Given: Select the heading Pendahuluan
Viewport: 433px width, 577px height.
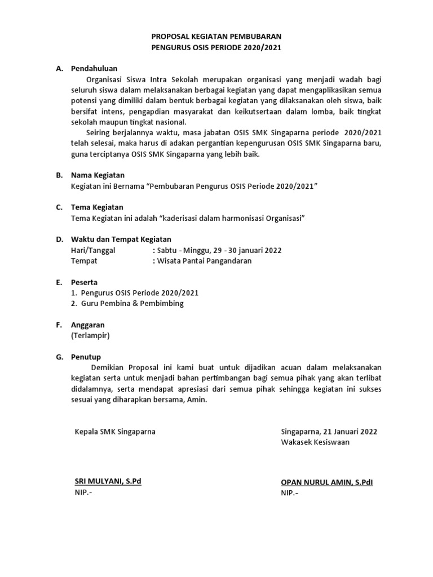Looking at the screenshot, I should tap(94, 68).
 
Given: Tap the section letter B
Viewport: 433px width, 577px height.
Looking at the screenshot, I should tap(59, 175).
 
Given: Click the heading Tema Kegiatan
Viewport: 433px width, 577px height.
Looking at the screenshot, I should tap(97, 207).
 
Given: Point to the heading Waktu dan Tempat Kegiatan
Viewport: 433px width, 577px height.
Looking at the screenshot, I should tap(121, 239).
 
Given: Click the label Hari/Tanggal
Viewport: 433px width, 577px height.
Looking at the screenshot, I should tap(93, 250).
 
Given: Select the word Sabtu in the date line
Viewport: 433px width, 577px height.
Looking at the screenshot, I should tap(167, 250).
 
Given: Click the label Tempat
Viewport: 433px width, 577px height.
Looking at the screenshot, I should tap(84, 261).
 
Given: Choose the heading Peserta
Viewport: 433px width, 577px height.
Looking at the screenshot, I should tap(84, 282).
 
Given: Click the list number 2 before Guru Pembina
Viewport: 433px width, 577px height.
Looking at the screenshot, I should tap(74, 304).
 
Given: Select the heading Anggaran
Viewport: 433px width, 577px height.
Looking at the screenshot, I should tap(87, 325).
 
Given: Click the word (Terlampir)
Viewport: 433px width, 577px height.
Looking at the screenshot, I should tap(90, 336).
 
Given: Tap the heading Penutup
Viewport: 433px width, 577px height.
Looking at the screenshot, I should tap(86, 357).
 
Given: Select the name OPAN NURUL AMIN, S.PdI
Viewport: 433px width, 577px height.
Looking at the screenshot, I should tap(327, 482).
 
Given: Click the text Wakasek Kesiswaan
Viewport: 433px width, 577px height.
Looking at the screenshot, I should tap(315, 442).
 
